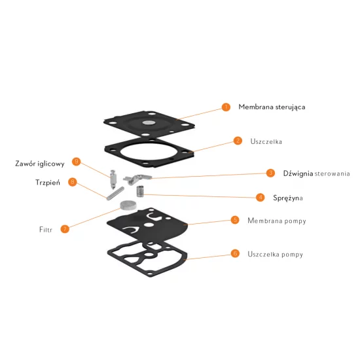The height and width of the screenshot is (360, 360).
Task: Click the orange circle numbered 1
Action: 226,107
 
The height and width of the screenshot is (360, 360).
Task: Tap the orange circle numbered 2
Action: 238,141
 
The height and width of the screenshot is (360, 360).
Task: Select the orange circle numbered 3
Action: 271,173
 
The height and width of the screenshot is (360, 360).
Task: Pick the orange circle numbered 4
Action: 260,198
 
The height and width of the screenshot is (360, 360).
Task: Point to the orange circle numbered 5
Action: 235,220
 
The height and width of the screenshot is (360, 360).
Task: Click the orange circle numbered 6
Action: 235,253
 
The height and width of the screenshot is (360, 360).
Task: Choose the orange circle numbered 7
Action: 65,229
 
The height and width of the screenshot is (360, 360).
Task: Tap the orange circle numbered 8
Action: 73,182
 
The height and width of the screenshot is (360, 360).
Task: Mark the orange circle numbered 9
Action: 76,162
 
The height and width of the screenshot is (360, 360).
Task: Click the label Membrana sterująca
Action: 272,107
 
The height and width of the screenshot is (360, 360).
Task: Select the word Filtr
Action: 46,230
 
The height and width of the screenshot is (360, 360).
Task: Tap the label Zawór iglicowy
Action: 40,164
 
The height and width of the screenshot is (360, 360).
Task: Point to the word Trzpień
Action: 48,183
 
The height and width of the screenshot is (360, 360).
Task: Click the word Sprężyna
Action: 288,198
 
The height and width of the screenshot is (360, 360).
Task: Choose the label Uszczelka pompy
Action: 276,255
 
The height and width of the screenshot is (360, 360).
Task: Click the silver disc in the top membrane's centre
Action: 149,122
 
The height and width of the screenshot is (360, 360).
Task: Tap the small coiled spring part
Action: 140,191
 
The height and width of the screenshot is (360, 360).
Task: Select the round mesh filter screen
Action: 128,206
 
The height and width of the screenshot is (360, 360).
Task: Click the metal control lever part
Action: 137,179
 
